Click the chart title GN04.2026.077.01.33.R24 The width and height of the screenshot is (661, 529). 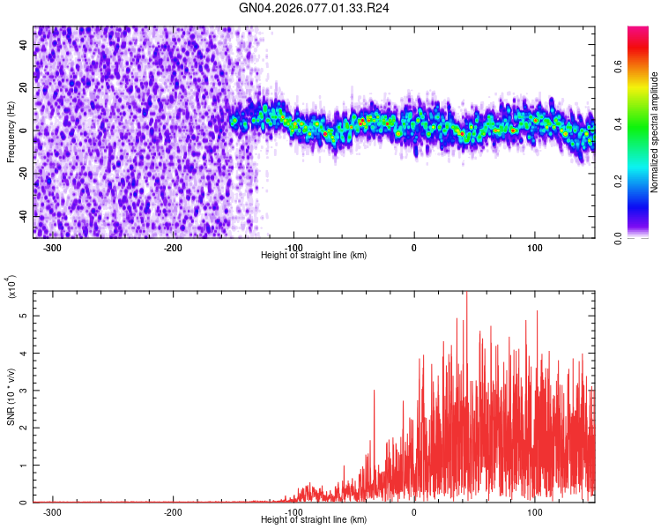pyautogui.click(x=315, y=8)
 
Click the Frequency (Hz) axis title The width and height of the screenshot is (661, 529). pyautogui.click(x=11, y=132)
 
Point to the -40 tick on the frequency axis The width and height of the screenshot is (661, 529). pyautogui.click(x=21, y=216)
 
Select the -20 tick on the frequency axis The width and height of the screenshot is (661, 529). pyautogui.click(x=21, y=173)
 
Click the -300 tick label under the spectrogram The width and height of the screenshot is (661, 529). pyautogui.click(x=52, y=247)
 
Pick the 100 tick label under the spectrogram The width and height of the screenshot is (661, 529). pyautogui.click(x=535, y=247)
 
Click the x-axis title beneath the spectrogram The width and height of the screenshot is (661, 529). pyautogui.click(x=314, y=256)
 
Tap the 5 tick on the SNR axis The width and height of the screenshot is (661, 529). pyautogui.click(x=24, y=315)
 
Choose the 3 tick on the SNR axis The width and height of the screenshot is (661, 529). pyautogui.click(x=24, y=390)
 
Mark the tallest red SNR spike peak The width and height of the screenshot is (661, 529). pyautogui.click(x=466, y=294)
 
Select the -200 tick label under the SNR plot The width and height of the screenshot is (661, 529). pyautogui.click(x=173, y=511)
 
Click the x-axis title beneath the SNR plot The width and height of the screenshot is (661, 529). pyautogui.click(x=314, y=520)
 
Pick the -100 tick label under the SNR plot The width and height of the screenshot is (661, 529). pyautogui.click(x=293, y=511)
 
